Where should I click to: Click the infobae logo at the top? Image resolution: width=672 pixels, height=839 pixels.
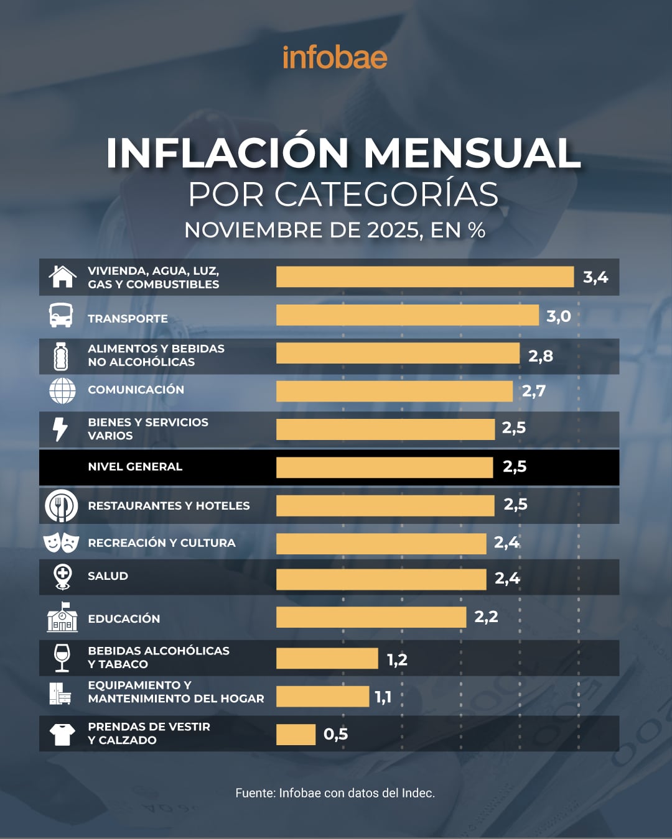pyautogui.click(x=335, y=58)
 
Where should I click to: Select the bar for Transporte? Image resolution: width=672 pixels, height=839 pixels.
pyautogui.click(x=407, y=315)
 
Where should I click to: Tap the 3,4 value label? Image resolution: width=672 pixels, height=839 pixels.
pyautogui.click(x=595, y=277)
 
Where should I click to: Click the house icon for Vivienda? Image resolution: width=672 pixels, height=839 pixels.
pyautogui.click(x=62, y=277)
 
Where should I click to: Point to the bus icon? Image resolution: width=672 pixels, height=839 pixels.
pyautogui.click(x=61, y=315)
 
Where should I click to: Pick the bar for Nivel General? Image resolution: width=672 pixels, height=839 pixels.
pyautogui.click(x=385, y=467)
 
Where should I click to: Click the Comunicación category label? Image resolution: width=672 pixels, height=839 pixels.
pyautogui.click(x=136, y=390)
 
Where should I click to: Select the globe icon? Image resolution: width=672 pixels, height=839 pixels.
pyautogui.click(x=62, y=390)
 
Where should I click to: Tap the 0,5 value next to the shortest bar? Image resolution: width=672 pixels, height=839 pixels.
pyautogui.click(x=335, y=735)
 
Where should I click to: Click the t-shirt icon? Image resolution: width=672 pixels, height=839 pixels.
pyautogui.click(x=62, y=734)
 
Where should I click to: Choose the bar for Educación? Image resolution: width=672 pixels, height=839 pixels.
pyautogui.click(x=371, y=617)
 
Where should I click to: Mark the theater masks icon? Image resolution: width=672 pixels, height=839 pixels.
pyautogui.click(x=61, y=543)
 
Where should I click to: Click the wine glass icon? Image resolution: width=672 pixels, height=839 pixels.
pyautogui.click(x=62, y=658)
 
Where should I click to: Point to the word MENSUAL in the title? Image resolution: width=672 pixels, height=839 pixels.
pyautogui.click(x=472, y=153)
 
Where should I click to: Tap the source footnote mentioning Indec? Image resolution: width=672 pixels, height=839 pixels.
pyautogui.click(x=335, y=793)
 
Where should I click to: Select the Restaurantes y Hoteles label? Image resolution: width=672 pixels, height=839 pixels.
pyautogui.click(x=169, y=506)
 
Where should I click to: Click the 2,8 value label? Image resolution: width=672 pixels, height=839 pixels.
pyautogui.click(x=540, y=356)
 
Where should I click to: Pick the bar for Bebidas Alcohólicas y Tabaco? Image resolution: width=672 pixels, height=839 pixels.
pyautogui.click(x=327, y=658)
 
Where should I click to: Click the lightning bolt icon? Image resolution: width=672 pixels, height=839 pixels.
pyautogui.click(x=60, y=429)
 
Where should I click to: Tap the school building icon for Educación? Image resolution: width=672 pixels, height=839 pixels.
pyautogui.click(x=62, y=617)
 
